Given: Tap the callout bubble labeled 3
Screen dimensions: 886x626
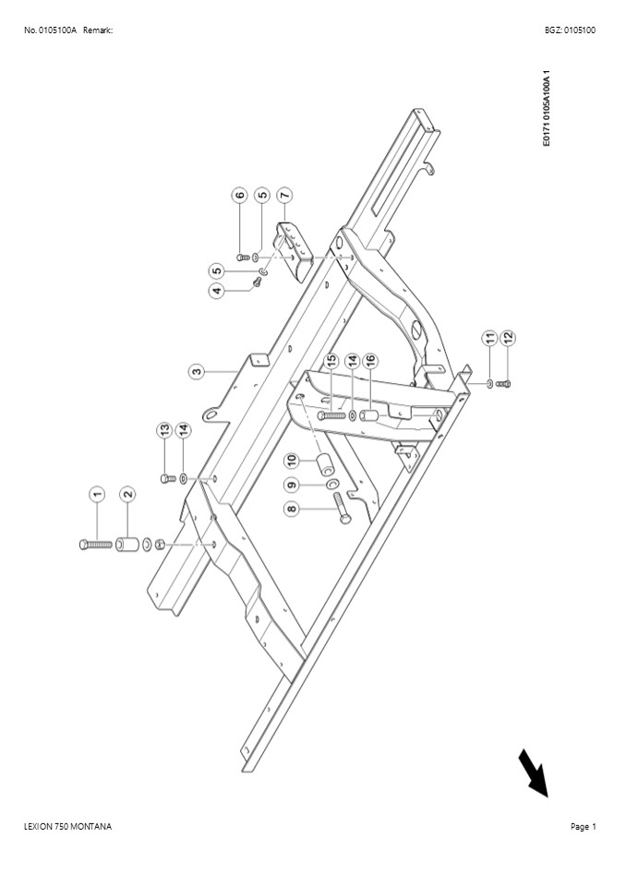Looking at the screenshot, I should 197,372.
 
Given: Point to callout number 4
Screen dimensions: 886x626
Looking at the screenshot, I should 217,291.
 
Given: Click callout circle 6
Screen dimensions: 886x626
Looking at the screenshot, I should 240,196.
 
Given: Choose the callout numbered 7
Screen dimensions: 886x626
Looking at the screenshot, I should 284,196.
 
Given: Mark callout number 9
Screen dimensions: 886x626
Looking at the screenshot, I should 292,484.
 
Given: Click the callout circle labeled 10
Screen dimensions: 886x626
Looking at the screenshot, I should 292,459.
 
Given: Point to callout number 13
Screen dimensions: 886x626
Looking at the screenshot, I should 164,429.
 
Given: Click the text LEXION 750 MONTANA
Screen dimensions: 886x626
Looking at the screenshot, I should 67,826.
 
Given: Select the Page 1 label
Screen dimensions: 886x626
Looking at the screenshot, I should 583,826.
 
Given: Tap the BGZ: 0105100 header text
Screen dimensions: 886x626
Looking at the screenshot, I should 570,30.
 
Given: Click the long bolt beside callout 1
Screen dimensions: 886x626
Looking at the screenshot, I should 96,545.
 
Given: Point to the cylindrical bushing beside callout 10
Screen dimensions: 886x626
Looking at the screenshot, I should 326,466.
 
